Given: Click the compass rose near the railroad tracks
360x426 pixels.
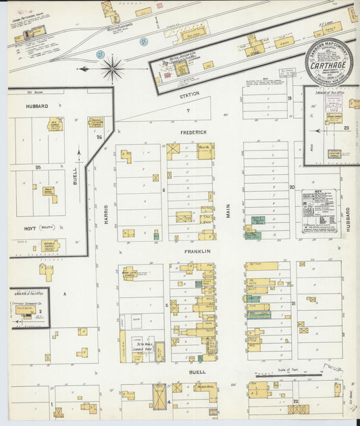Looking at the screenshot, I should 111,68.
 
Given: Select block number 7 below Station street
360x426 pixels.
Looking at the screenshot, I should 188,110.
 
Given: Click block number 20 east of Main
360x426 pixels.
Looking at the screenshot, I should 292,187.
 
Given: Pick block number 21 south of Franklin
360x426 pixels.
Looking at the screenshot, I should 294,304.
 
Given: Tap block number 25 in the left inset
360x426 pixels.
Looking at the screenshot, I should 38,166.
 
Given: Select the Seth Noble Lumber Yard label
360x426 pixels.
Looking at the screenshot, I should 143,346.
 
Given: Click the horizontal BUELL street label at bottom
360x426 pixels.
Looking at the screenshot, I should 197,372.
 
